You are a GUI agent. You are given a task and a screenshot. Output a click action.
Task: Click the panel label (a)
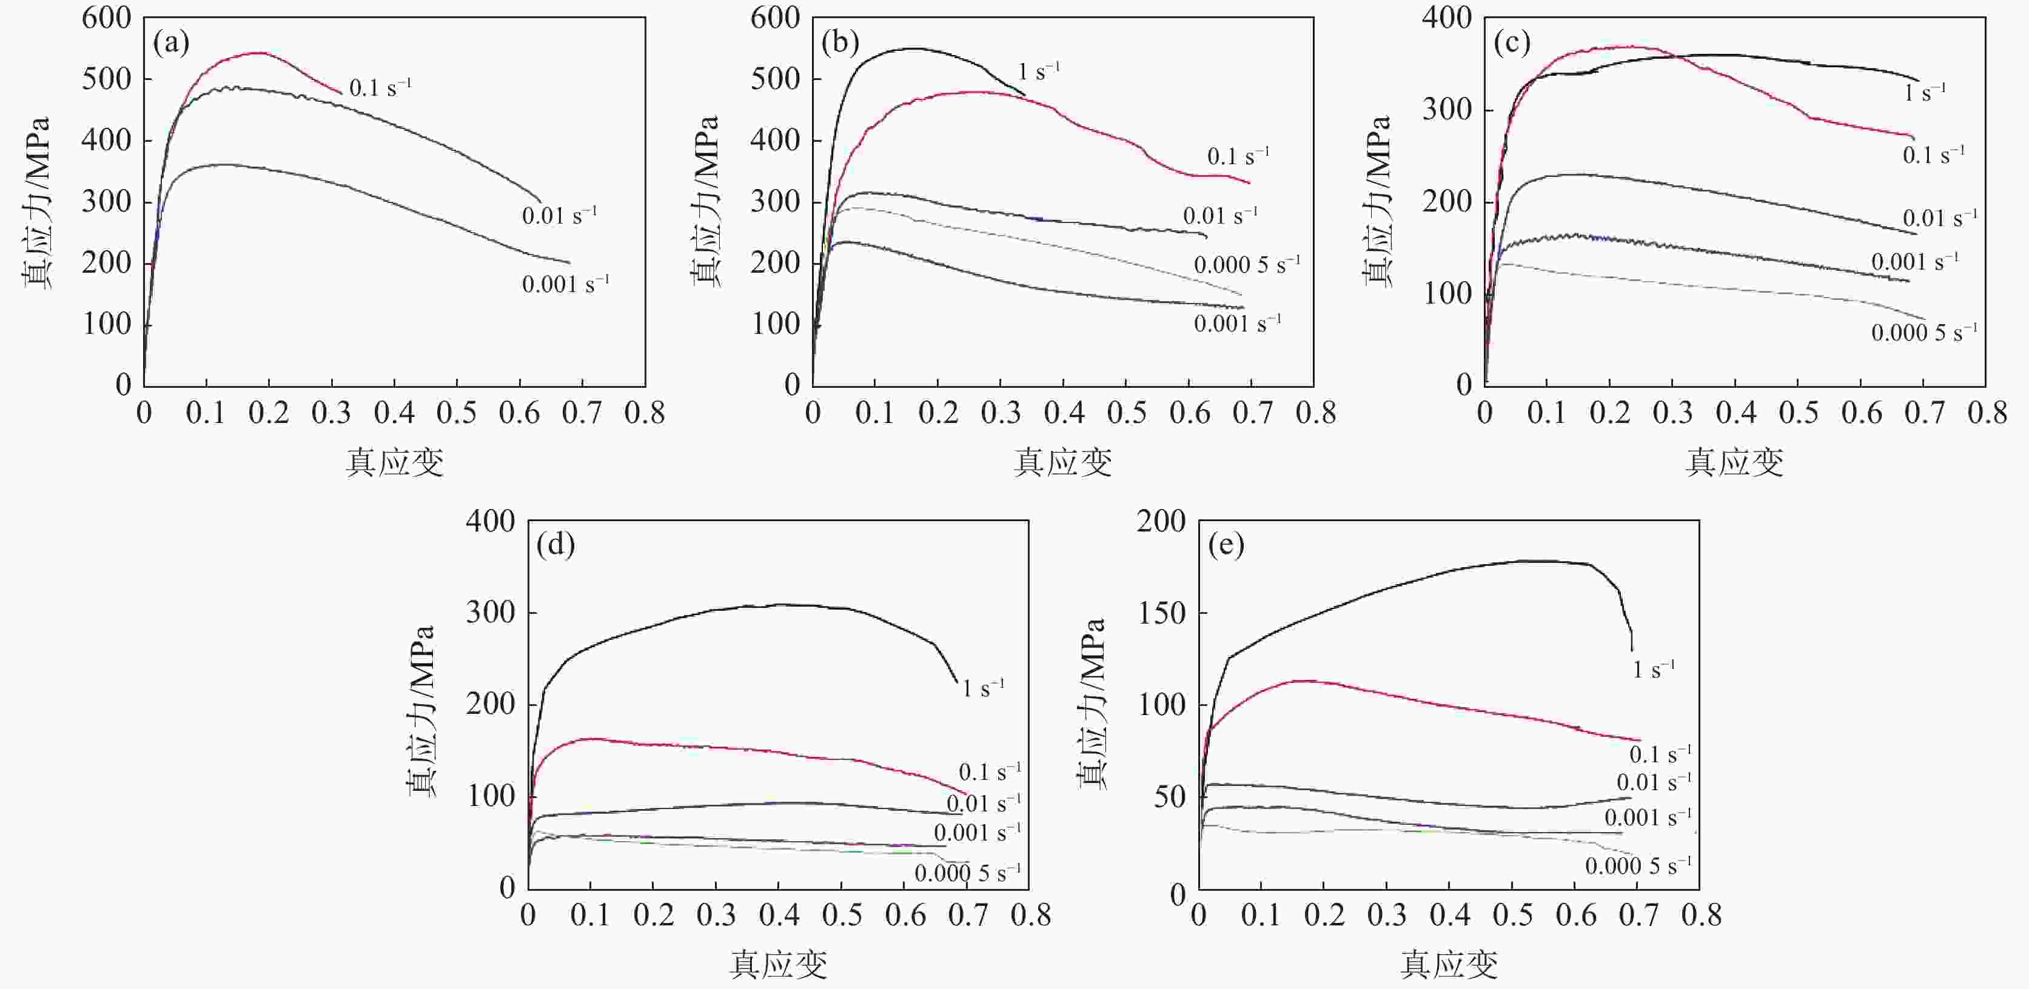171,42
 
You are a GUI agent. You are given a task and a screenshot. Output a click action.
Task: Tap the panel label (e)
1226,545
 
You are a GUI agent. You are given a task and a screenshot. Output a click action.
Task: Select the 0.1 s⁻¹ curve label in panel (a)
380,87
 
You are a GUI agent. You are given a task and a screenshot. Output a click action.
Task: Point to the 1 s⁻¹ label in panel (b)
1038,72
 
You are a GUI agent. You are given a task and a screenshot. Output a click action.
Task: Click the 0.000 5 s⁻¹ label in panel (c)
1923,332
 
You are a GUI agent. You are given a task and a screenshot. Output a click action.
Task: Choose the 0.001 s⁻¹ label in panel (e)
1648,818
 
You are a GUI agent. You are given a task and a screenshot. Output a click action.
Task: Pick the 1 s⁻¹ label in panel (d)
982,689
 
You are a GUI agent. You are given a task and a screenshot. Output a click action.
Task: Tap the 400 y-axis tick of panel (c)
1446,18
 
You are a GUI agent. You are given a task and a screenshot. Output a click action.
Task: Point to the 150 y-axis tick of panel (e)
1162,613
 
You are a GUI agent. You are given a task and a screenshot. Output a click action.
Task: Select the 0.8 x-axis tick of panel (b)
1315,413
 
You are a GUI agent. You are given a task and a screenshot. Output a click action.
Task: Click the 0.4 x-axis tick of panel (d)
779,916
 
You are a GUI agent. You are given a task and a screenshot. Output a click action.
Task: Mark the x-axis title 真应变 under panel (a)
395,462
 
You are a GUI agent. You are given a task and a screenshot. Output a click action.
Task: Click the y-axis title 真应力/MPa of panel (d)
420,710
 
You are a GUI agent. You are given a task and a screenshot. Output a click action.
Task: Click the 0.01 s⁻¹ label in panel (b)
1219,216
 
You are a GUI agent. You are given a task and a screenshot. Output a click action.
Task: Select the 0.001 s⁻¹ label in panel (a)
565,284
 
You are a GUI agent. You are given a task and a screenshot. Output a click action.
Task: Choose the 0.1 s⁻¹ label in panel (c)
1933,155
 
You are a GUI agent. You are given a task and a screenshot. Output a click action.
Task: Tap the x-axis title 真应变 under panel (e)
1449,965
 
